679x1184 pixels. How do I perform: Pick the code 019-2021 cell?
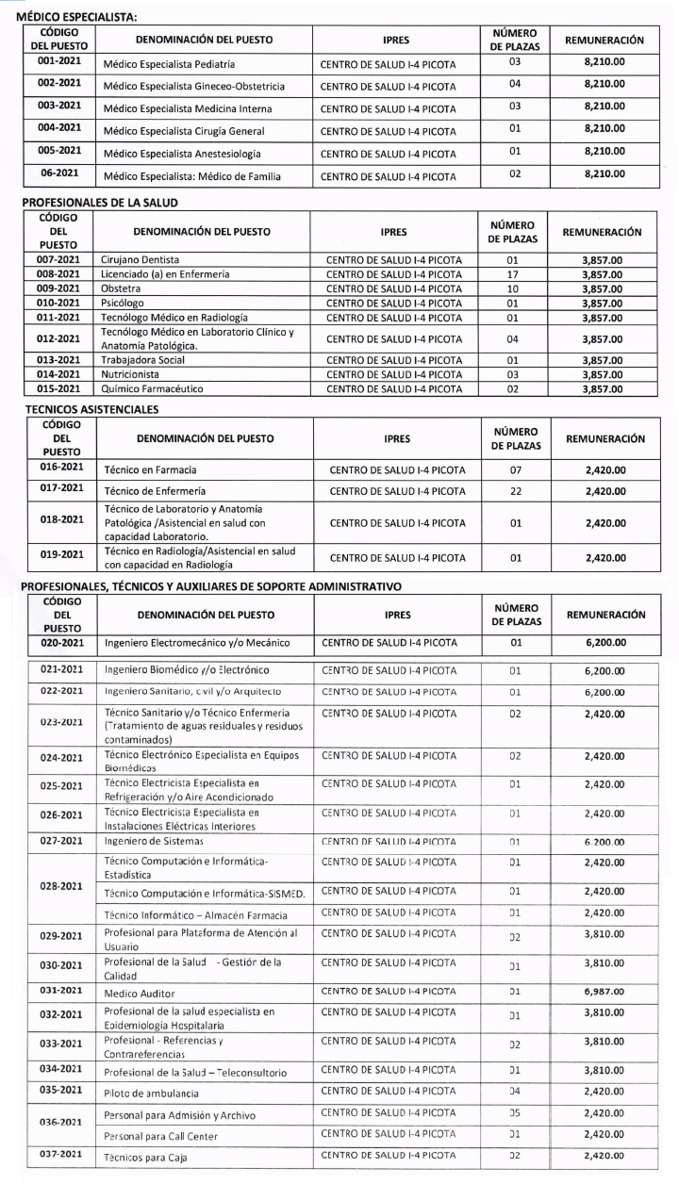(x=59, y=556)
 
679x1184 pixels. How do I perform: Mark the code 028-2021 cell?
(x=59, y=887)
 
